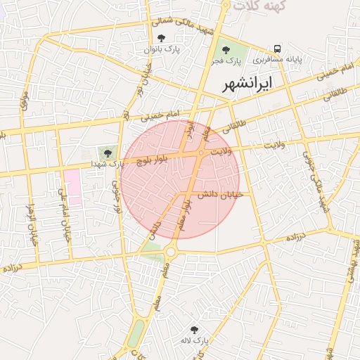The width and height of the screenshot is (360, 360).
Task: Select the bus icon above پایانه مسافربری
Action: pos(278,49)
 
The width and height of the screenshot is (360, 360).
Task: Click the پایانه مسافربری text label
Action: pos(278,60)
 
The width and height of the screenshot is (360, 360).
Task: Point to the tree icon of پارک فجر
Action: pos(226,50)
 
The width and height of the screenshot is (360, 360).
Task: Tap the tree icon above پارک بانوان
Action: pos(162,38)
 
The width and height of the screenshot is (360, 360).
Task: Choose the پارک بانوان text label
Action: pos(162,49)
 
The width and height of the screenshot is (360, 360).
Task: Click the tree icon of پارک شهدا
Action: pos(108,153)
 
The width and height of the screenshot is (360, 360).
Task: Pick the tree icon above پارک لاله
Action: pos(194,329)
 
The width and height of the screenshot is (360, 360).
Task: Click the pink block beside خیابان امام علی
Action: pos(72,187)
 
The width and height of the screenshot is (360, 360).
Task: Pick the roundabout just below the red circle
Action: pos(171,251)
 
